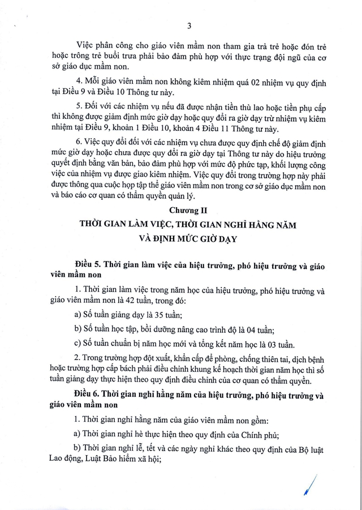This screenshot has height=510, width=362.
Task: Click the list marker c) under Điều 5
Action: coord(77,343)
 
